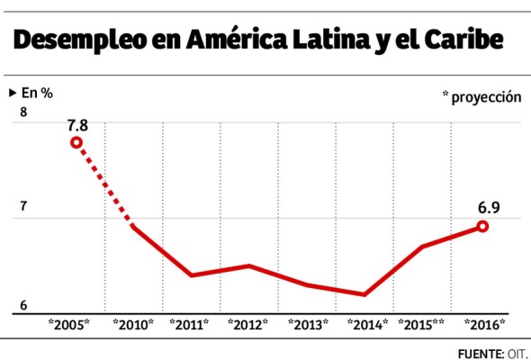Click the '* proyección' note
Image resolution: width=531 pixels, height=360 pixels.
coord(481,97)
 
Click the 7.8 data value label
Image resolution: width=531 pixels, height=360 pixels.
coord(77,123)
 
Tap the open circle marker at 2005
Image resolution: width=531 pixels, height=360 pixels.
coord(76,142)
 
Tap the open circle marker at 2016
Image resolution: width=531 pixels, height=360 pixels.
coord(482,226)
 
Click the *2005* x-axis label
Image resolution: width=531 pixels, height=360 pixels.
coord(69,324)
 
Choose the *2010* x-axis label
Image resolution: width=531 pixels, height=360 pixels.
coord(133,324)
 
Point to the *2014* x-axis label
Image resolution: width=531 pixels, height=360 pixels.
coord(367,324)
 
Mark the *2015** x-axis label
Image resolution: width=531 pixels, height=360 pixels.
coord(422,324)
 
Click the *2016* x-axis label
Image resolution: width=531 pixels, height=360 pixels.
coord(483,324)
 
